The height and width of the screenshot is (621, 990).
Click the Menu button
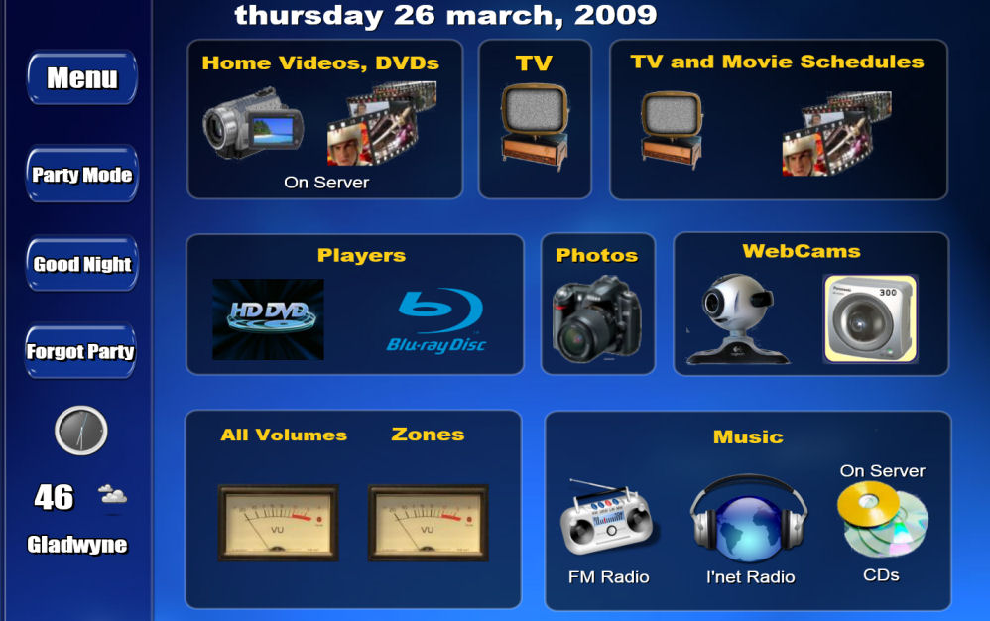coord(82,77)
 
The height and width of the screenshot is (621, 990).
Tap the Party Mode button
coord(82,175)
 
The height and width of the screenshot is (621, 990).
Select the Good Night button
coord(82,264)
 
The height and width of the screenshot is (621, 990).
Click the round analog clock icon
coord(80,431)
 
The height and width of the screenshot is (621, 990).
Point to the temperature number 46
coord(55,497)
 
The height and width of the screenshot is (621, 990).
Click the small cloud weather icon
coord(113,494)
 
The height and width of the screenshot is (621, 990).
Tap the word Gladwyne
coord(77,544)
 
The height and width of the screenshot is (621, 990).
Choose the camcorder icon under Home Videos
coord(253,122)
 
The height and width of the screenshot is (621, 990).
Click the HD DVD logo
coord(269,319)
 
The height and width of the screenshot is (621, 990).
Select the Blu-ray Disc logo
coord(436,320)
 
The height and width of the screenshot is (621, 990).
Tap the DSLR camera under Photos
coord(596,319)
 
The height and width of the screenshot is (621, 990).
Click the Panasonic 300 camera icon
coord(871,318)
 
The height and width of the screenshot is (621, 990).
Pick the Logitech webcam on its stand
coord(738,318)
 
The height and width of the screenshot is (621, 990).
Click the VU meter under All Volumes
coord(279,523)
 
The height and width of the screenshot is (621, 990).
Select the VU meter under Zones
coord(429,523)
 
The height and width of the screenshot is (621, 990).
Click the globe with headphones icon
coord(750,518)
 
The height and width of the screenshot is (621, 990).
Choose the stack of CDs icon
coord(883,518)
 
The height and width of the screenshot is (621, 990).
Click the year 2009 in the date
coord(616,15)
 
